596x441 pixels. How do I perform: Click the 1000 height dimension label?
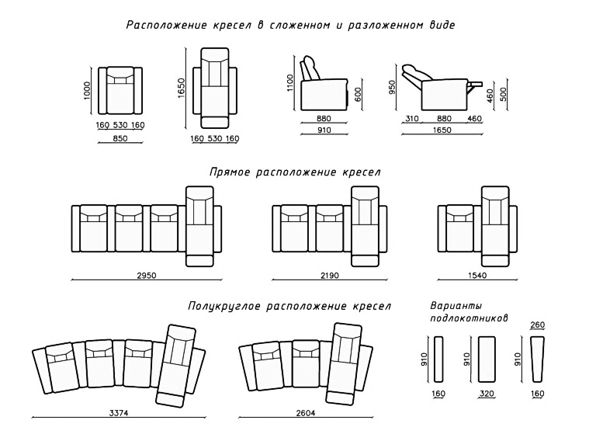(x=87, y=91)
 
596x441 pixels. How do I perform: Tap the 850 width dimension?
(x=120, y=138)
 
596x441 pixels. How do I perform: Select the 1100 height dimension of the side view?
(x=290, y=83)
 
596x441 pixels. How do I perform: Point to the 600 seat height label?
(x=358, y=94)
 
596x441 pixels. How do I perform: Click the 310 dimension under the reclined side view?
(x=411, y=119)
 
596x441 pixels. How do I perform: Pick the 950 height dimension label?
(x=392, y=87)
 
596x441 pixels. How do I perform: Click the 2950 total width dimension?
(x=147, y=276)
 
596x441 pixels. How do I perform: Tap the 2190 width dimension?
(x=329, y=276)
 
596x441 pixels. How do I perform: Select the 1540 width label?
(x=477, y=276)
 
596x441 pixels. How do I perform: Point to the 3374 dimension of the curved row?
(x=118, y=413)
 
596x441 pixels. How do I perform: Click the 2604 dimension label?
(x=305, y=413)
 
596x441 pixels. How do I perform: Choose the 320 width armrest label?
(x=487, y=394)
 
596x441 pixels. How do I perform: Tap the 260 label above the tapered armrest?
(x=538, y=325)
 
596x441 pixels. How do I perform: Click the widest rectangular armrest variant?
(x=487, y=359)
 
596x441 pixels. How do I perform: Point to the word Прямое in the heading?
(x=229, y=172)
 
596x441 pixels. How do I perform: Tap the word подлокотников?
(x=469, y=318)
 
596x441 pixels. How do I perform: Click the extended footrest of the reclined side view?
(x=475, y=83)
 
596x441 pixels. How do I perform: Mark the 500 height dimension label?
(x=504, y=94)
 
